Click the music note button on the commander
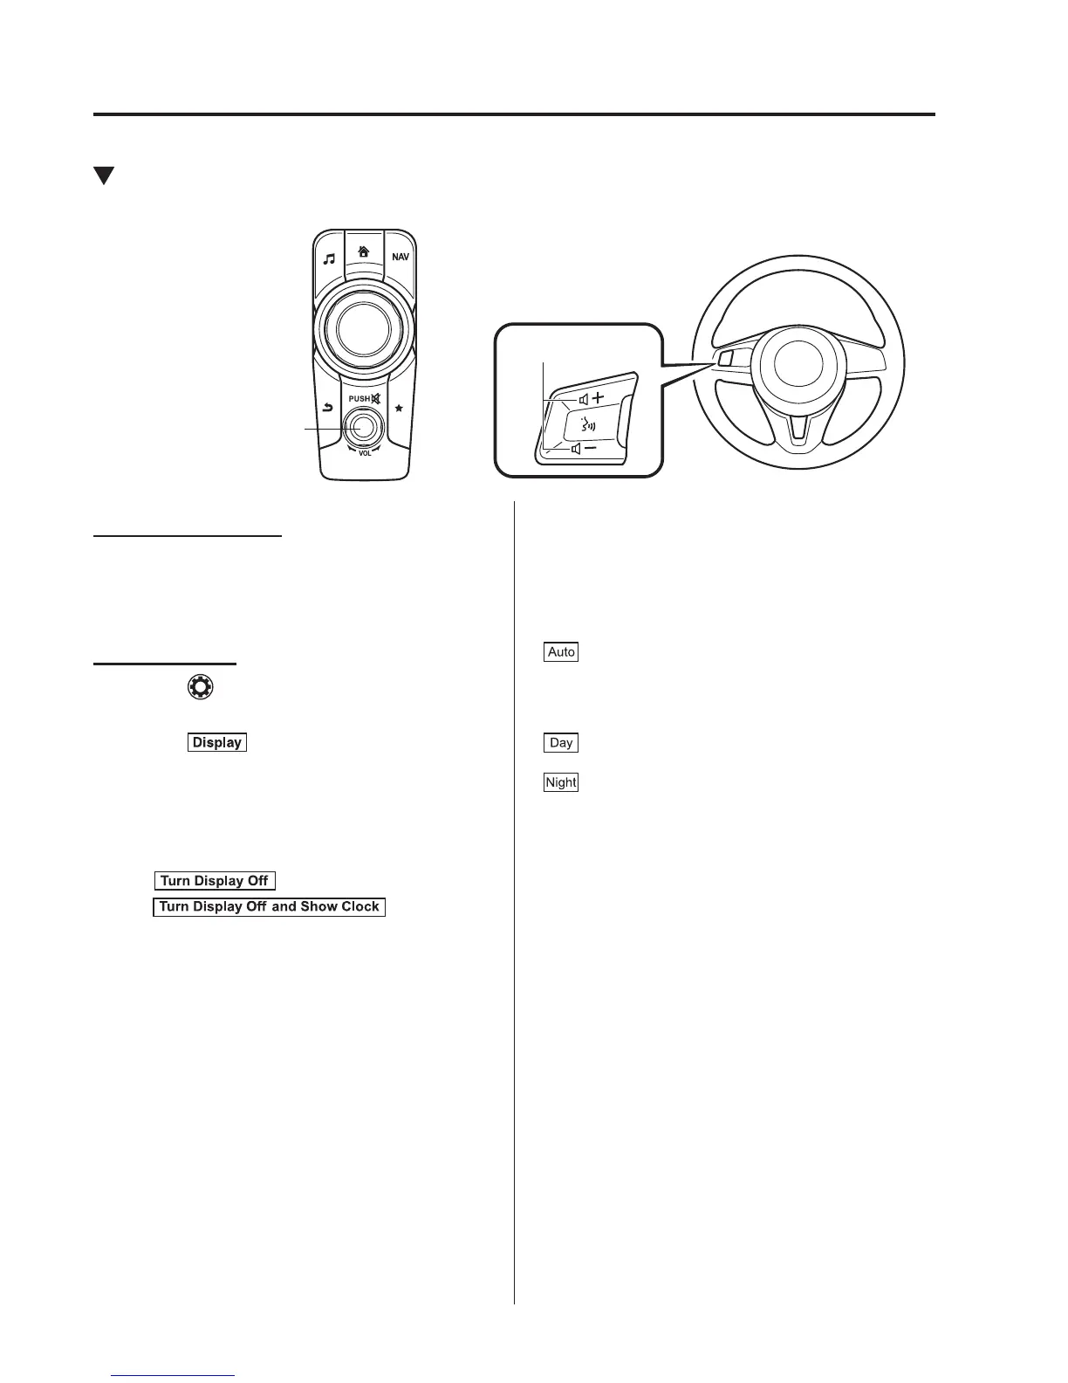click(329, 258)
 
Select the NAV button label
click(400, 258)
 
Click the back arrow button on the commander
click(328, 407)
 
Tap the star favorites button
click(399, 408)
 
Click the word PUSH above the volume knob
click(359, 399)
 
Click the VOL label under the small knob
click(365, 454)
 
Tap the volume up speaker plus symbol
click(591, 398)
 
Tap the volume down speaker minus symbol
click(584, 448)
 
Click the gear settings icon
click(200, 687)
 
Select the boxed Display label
click(217, 742)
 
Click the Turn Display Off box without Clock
click(215, 881)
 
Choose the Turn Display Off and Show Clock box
click(269, 906)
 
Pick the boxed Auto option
click(561, 651)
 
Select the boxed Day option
click(561, 742)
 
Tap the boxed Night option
click(561, 782)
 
